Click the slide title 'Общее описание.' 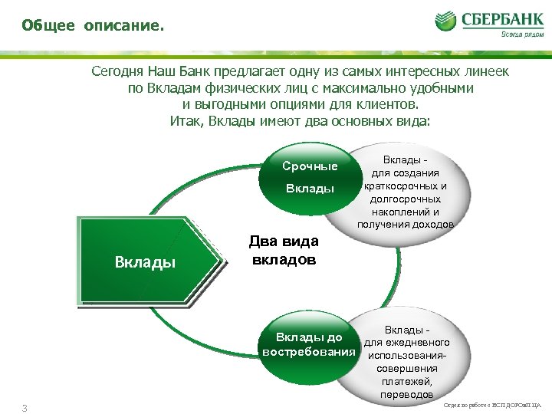(x=92, y=26)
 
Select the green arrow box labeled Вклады (x=146, y=262)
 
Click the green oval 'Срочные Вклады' (x=310, y=177)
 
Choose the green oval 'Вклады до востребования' (x=310, y=345)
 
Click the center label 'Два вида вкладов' (x=284, y=251)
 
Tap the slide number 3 (x=25, y=407)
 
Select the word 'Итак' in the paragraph (x=185, y=121)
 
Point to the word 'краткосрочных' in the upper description (x=406, y=186)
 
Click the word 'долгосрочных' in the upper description (x=406, y=199)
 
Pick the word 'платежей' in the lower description (x=406, y=381)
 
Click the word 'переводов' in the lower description (x=406, y=394)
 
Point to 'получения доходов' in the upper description (x=406, y=225)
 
